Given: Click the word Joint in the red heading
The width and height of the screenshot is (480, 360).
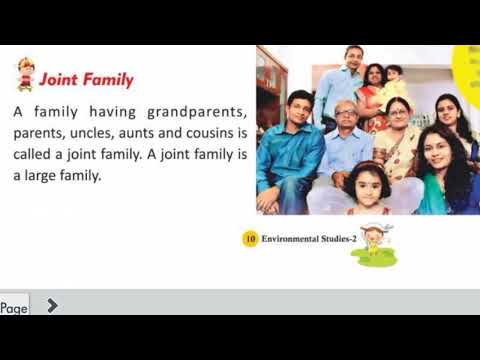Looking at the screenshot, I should (61, 79).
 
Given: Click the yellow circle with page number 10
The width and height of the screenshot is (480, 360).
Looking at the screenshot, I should (250, 239).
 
